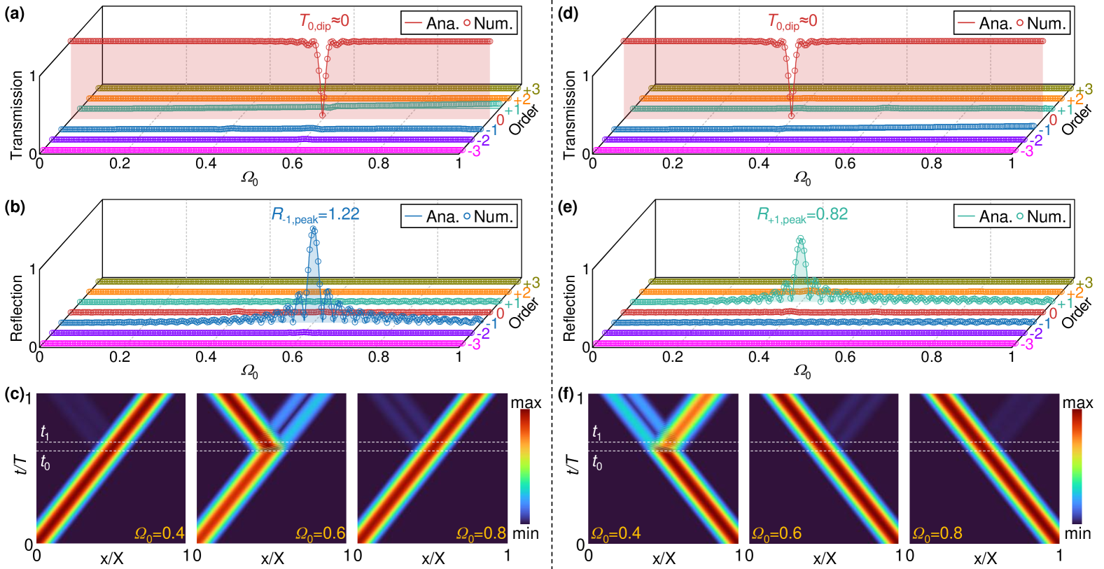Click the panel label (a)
coord(14,13)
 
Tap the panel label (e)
coord(568,206)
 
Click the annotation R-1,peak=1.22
coord(315,215)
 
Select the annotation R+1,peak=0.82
coord(802,215)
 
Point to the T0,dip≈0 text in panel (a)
coord(323,22)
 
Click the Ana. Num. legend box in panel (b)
coord(459,216)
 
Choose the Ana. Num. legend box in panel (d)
coord(1012,23)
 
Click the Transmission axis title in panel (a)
coord(17,115)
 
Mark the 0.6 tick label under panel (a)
coord(292,164)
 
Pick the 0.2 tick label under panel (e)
coord(672,357)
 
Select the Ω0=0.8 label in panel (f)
coord(937,533)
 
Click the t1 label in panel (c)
coord(46,433)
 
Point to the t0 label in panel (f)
coord(597,462)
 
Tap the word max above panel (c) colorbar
coord(526,402)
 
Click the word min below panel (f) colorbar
coord(1077,533)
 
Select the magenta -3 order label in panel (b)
coord(474,344)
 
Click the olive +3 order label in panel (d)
coord(1084,90)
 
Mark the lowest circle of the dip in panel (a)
coord(322,115)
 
